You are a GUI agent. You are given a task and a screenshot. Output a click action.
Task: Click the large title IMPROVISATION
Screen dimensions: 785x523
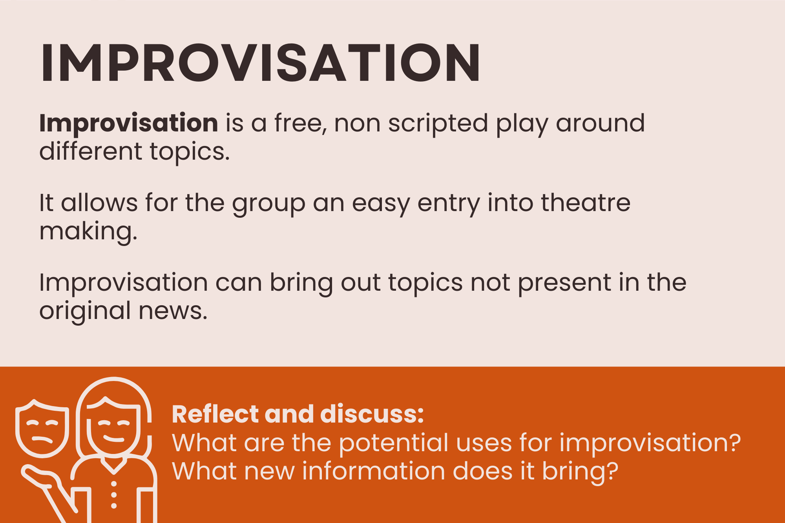point(260,63)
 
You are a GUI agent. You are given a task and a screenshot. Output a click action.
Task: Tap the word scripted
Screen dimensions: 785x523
point(438,124)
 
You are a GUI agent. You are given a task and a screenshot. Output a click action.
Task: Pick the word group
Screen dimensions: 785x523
point(268,204)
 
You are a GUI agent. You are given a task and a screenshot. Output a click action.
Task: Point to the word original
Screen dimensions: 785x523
point(85,312)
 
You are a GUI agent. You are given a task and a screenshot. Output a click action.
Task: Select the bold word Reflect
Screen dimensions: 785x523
point(215,414)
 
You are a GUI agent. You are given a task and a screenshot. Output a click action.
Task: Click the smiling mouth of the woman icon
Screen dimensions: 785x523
point(114,438)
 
